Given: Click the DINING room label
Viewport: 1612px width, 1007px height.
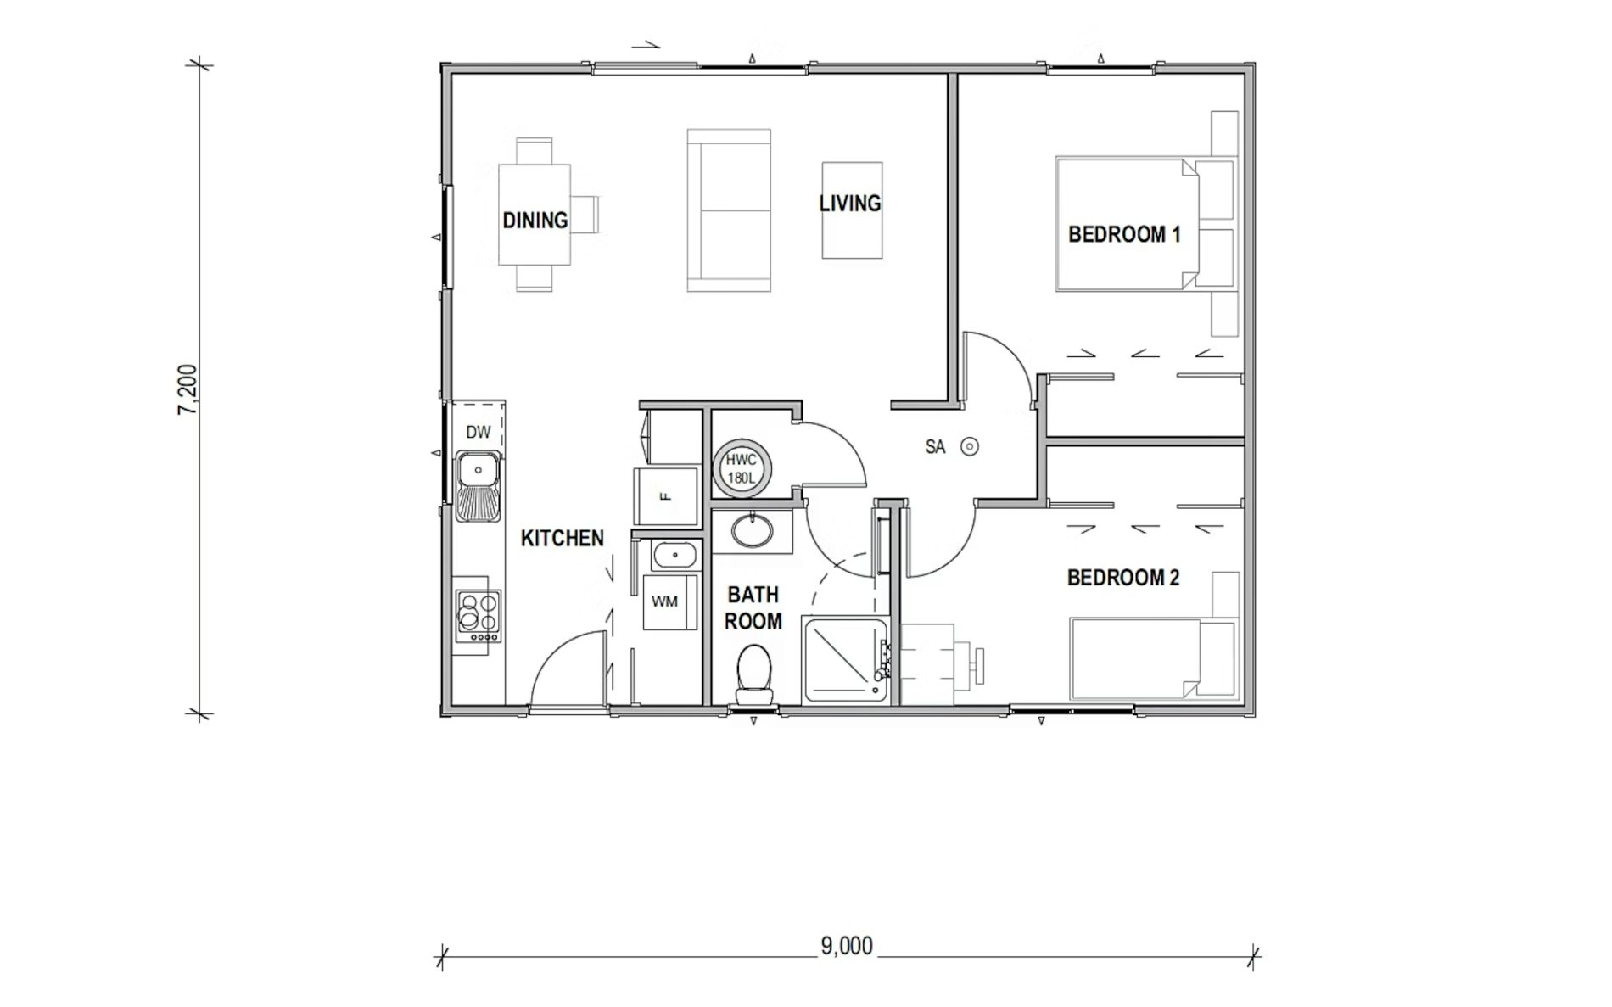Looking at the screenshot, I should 535,221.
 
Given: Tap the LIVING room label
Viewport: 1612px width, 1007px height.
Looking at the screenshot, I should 849,204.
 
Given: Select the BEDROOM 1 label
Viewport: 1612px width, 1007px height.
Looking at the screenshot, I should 1123,234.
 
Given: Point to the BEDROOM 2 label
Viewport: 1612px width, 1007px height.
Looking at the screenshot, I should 1122,578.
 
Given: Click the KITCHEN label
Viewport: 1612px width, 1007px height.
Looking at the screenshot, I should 562,538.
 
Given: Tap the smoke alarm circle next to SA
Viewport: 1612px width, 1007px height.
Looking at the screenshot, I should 970,446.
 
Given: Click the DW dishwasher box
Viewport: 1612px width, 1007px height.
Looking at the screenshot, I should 479,431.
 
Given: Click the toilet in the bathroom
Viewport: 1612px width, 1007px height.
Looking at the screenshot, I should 753,673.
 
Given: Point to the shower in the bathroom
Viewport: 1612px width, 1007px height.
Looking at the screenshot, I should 843,660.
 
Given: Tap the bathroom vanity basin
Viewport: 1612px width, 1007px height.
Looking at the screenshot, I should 751,530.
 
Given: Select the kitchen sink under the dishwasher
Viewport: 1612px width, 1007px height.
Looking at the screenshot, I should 479,486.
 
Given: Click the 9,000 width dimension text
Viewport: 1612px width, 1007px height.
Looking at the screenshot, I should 846,945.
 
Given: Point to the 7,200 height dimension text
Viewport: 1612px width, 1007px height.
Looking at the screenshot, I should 188,389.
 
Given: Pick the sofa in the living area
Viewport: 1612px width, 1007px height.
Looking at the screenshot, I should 729,210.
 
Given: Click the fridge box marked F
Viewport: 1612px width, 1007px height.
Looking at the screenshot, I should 667,495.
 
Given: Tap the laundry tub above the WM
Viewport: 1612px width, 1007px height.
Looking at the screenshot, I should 674,556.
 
